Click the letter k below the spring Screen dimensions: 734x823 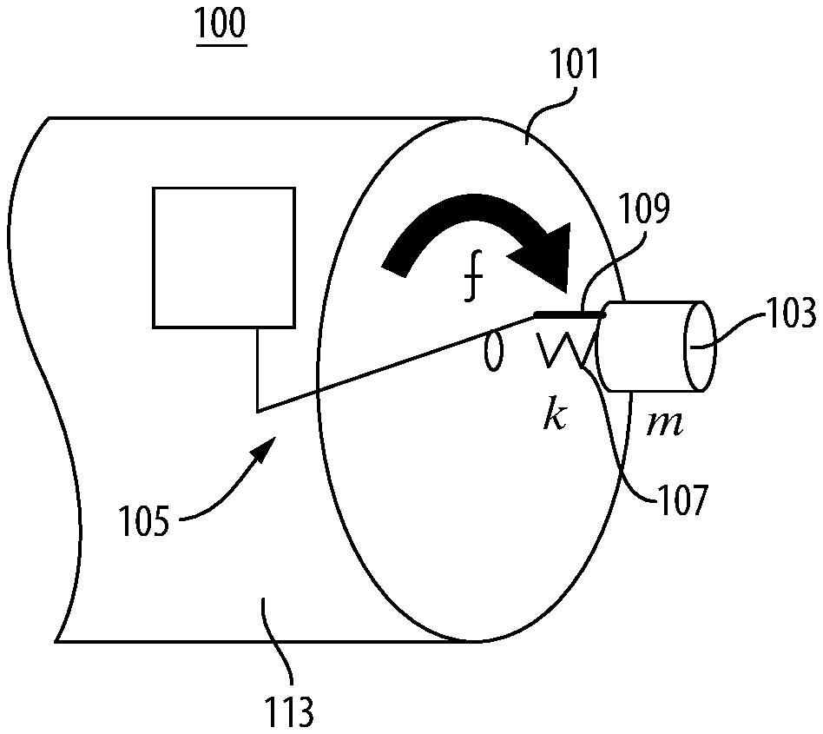(x=554, y=418)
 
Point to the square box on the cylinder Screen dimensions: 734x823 (x=223, y=257)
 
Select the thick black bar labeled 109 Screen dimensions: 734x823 (x=568, y=314)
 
